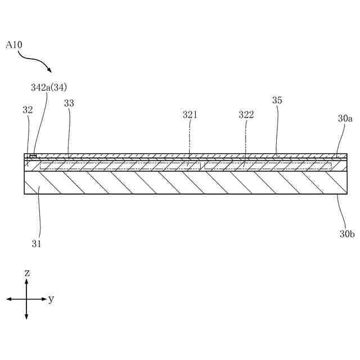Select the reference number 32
point(28,110)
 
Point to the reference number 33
point(69,103)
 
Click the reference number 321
point(190,115)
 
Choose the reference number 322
point(246,115)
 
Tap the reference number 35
point(277,101)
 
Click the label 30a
point(345,119)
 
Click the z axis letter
point(27,273)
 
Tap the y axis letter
point(51,299)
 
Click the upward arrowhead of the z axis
point(26,281)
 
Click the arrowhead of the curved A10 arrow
point(51,71)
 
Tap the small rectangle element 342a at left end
point(33,156)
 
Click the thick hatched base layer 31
point(180,182)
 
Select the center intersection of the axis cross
point(26,299)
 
